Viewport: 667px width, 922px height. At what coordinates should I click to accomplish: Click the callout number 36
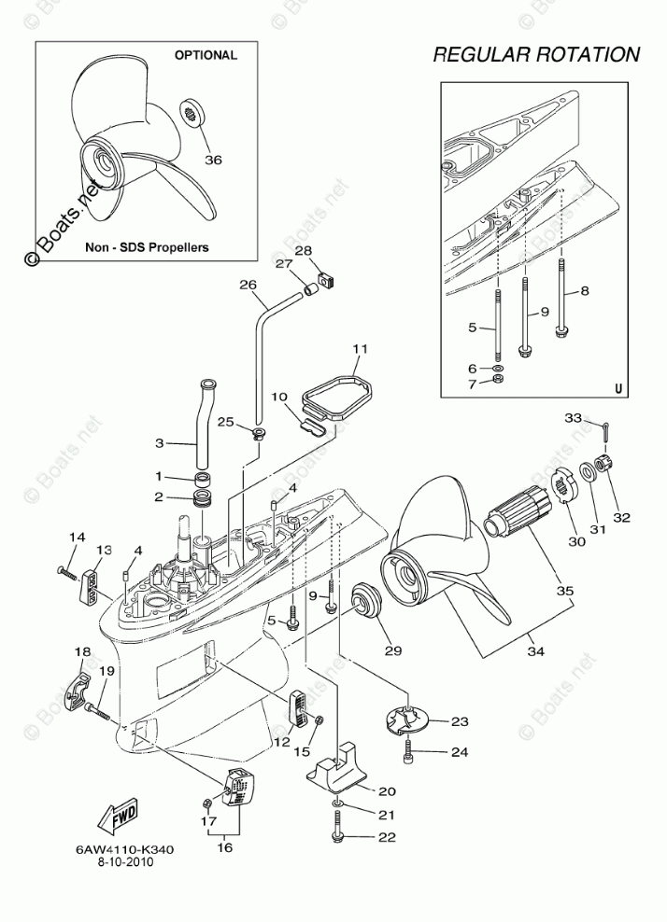pos(213,160)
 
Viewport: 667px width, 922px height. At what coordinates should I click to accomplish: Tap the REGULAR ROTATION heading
pos(536,55)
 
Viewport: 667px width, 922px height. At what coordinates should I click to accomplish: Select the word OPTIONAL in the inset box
pos(206,55)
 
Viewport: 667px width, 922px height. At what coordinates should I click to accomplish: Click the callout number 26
pos(247,285)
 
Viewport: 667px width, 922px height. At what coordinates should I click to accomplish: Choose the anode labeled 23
pos(407,719)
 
